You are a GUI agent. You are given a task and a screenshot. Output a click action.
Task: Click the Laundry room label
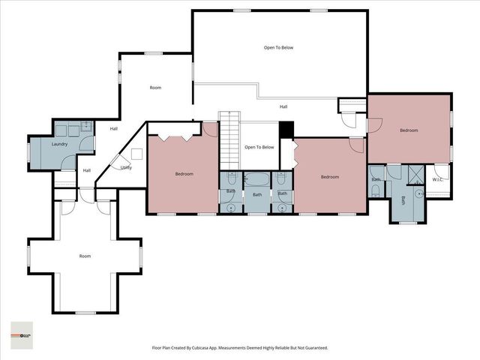(60, 144)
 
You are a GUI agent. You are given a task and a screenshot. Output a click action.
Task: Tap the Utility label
(126, 167)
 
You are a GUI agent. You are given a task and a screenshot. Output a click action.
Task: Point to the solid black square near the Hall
(286, 130)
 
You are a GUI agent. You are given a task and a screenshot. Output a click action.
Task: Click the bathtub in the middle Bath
(257, 180)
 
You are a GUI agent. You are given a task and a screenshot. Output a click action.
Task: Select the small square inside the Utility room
(137, 154)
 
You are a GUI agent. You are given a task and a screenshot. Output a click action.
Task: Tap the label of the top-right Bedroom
(409, 130)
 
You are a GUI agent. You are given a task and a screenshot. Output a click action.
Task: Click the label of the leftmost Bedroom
(184, 174)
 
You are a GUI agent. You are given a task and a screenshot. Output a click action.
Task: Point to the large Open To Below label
(278, 47)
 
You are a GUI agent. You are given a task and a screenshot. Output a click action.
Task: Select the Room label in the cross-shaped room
(85, 256)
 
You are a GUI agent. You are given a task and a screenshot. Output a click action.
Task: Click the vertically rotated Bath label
(403, 200)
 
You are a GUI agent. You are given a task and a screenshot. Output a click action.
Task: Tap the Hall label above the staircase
(283, 106)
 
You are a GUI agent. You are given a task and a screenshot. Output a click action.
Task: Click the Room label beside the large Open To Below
(155, 88)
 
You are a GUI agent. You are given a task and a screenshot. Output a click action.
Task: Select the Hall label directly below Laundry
(87, 170)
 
